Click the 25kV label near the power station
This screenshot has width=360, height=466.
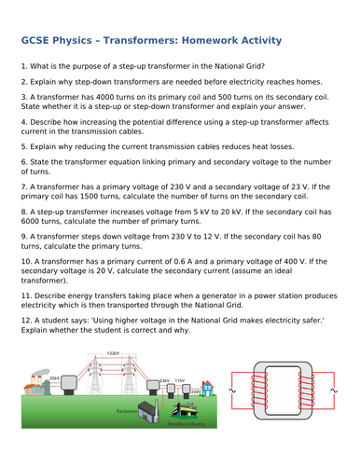pyautogui.click(x=54, y=377)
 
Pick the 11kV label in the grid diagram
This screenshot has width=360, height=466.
pyautogui.click(x=179, y=380)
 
